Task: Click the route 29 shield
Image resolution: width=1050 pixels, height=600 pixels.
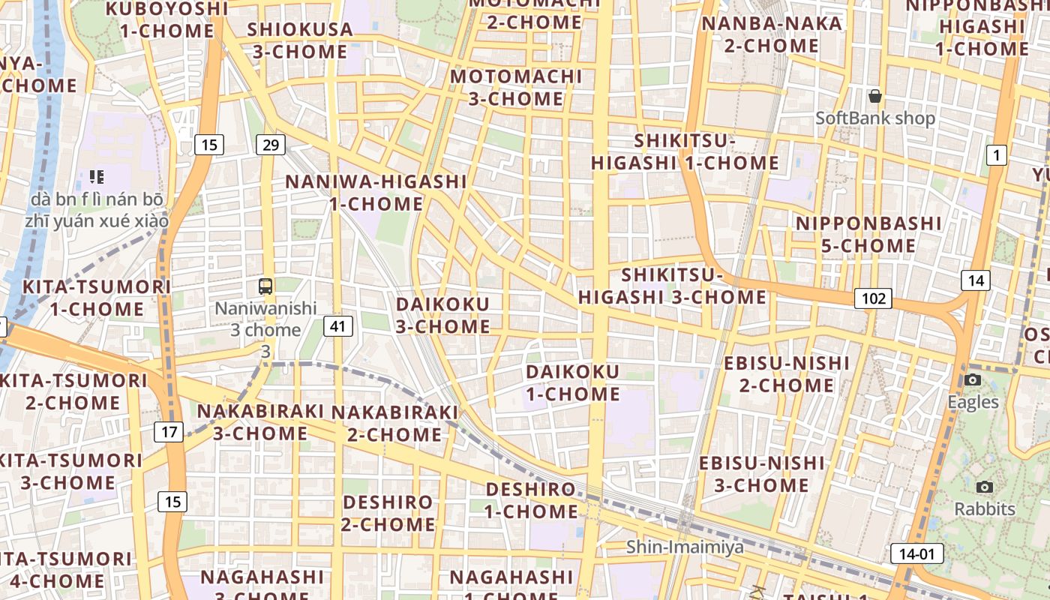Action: click(270, 144)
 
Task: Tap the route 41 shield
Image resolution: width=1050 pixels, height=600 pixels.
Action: click(339, 325)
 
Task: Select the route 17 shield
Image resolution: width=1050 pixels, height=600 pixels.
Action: click(169, 432)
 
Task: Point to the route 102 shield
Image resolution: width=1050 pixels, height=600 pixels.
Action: click(873, 298)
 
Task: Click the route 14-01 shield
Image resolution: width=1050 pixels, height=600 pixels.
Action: click(916, 554)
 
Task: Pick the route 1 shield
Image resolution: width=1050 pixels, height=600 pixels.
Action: click(996, 156)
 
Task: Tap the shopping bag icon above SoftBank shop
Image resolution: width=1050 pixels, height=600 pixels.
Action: click(874, 96)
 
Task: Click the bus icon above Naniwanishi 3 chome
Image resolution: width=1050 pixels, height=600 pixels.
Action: click(265, 286)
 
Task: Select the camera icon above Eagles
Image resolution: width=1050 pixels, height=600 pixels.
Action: click(973, 379)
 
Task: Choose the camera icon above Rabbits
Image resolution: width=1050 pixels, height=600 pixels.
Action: click(985, 487)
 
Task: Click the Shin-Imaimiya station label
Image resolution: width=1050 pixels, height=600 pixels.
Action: click(685, 547)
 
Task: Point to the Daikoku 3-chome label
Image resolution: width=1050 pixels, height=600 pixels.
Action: click(442, 315)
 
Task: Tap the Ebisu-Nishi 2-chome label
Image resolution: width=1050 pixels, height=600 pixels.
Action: click(787, 374)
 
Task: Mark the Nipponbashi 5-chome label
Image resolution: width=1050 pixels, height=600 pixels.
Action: click(868, 234)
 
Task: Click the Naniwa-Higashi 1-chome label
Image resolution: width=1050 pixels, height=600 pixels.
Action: click(376, 192)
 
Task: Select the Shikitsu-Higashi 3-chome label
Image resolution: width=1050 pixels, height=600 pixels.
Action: click(672, 286)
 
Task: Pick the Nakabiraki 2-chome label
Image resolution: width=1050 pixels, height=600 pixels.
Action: click(394, 423)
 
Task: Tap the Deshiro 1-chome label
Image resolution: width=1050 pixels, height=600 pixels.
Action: click(531, 500)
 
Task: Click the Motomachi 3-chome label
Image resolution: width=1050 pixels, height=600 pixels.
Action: click(516, 88)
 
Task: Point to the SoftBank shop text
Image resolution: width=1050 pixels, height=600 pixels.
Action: click(875, 118)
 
